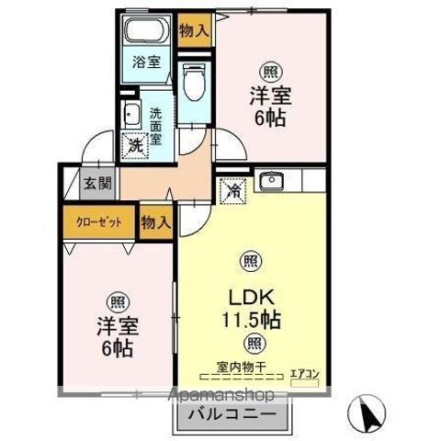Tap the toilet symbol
point(193,84)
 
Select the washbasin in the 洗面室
point(130,116)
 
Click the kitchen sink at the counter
point(271,181)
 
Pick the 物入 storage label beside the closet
point(156,221)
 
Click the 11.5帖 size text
point(249,321)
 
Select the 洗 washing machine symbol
point(135,144)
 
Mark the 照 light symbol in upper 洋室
point(269,72)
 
